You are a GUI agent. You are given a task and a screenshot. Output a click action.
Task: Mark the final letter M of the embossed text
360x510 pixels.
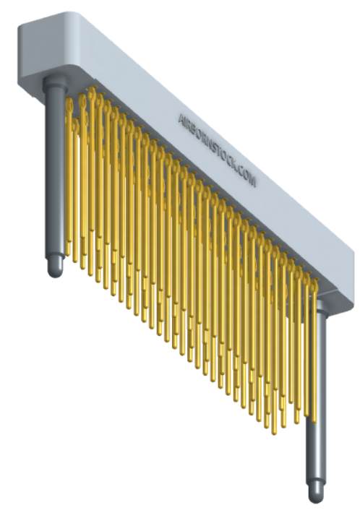pyautogui.click(x=252, y=182)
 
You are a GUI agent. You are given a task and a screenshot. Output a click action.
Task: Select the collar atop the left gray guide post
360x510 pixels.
pyautogui.click(x=55, y=83)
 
